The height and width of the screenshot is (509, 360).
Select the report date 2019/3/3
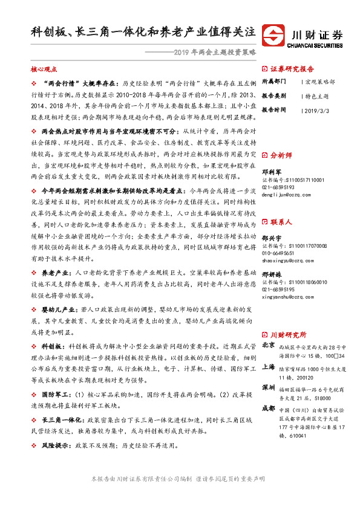(x=316, y=111)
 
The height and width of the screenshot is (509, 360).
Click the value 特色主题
(x=318, y=96)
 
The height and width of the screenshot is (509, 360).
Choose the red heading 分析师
(x=284, y=154)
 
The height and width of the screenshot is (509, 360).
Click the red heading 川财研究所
(x=288, y=334)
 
